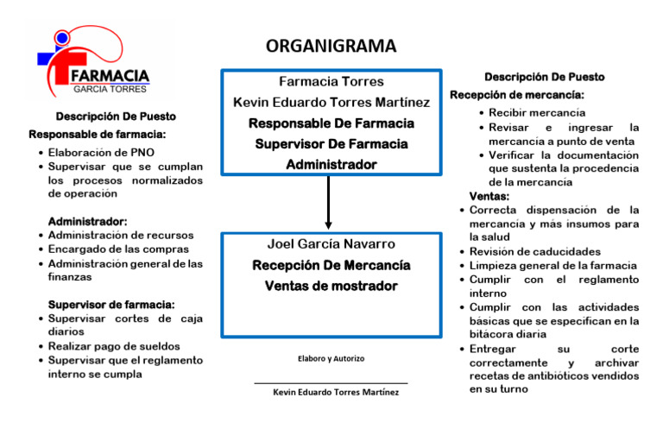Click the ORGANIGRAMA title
331,46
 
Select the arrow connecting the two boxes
329,204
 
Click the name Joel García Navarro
331,243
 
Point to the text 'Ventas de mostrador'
331,286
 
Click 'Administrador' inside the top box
331,164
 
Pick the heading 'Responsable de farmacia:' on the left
98,135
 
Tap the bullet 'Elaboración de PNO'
97,152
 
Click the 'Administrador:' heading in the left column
88,222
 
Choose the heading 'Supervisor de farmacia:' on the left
111,305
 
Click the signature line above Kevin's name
331,383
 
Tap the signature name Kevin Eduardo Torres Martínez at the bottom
336,393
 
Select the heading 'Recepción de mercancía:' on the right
517,95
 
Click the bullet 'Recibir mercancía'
537,113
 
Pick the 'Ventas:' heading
489,196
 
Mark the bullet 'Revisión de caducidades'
535,251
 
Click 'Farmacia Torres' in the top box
331,82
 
